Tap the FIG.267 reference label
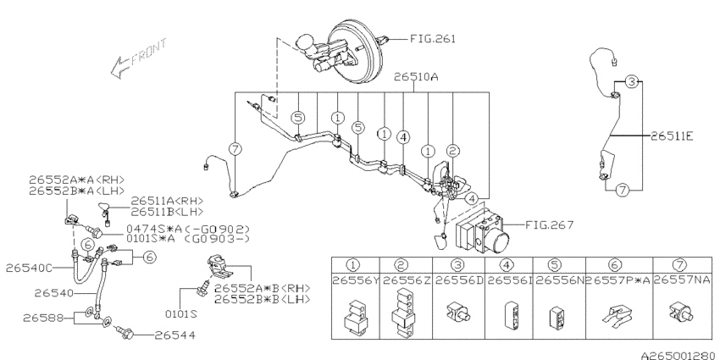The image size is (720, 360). tap(549, 225)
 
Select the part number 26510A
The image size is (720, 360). tap(417, 76)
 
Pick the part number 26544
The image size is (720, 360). tap(174, 335)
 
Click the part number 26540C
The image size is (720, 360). tap(30, 268)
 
